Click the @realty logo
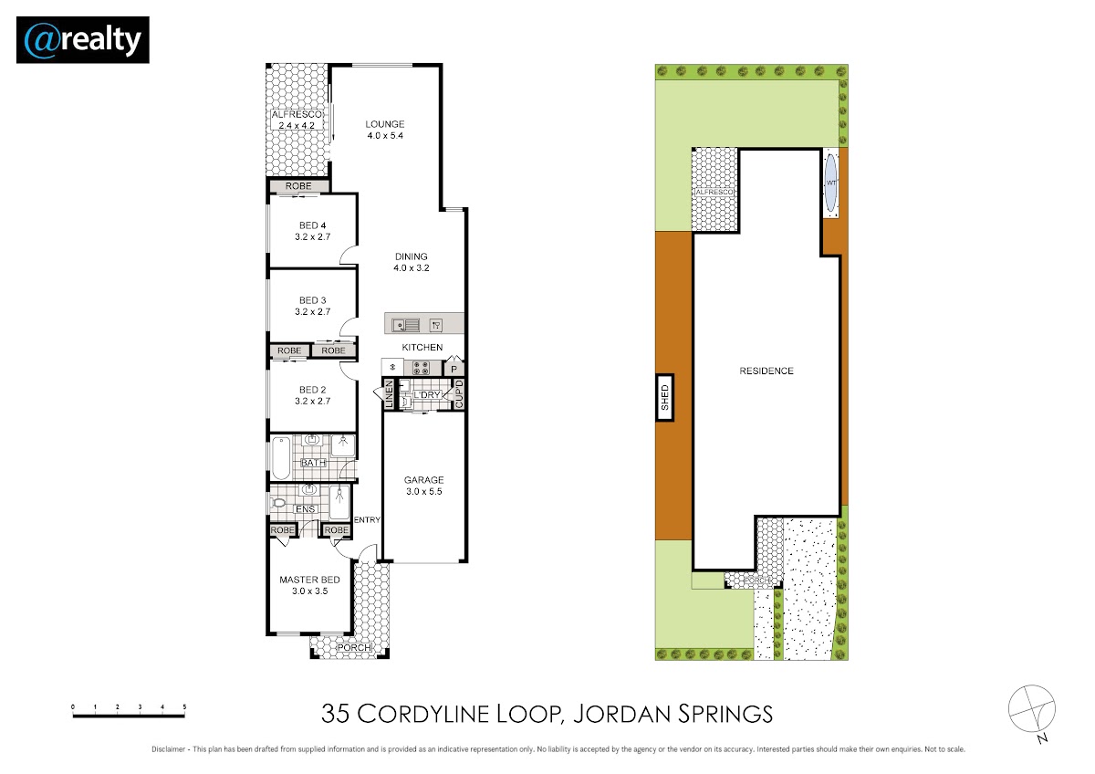click(x=83, y=39)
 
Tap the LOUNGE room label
click(x=385, y=124)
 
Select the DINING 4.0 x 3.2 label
click(x=412, y=262)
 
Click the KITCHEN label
click(x=422, y=347)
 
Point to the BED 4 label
click(x=312, y=225)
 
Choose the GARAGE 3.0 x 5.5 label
click(x=423, y=486)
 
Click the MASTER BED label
click(x=309, y=580)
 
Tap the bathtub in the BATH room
click(x=281, y=458)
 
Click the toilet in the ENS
click(x=277, y=502)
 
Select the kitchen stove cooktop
click(x=421, y=368)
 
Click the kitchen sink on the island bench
click(x=406, y=325)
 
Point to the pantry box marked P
click(x=454, y=368)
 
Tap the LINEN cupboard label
click(x=389, y=394)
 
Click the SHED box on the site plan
click(x=665, y=398)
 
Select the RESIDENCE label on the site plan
click(x=766, y=371)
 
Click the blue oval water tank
click(x=830, y=183)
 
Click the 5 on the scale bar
click(x=184, y=707)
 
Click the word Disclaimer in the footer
click(x=168, y=749)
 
